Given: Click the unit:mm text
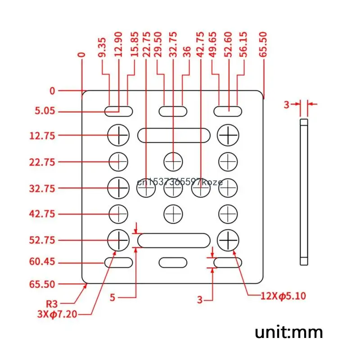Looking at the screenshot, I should pos(289,333).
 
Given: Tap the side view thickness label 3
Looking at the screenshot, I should pos(286,104).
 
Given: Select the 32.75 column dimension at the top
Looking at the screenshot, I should pos(173,45).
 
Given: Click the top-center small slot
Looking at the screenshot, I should pos(173,110).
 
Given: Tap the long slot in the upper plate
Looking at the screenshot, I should pos(174,135).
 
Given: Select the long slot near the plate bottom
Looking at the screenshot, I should pos(174,240).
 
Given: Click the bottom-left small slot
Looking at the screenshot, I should pos(119,262).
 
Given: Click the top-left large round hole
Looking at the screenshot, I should pos(118,135).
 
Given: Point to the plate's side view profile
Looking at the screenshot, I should pos(304,191).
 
